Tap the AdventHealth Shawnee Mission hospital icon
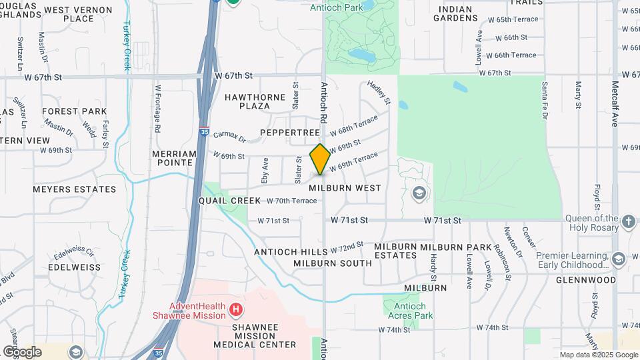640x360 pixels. [x=235, y=309]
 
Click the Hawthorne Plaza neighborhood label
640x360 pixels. [x=255, y=101]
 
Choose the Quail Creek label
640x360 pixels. [x=230, y=200]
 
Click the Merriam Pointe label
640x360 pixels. [x=175, y=158]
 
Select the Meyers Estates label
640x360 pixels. [x=75, y=189]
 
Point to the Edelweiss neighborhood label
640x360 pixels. [x=75, y=267]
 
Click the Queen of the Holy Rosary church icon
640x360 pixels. [x=628, y=221]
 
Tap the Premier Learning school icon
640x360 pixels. [x=618, y=259]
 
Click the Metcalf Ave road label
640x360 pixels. [x=615, y=103]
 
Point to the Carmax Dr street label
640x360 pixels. [x=229, y=135]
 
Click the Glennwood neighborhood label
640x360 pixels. [x=586, y=280]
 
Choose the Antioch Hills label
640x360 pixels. [x=291, y=251]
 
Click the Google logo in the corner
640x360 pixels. [x=22, y=351]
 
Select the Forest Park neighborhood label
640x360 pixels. [x=74, y=111]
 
